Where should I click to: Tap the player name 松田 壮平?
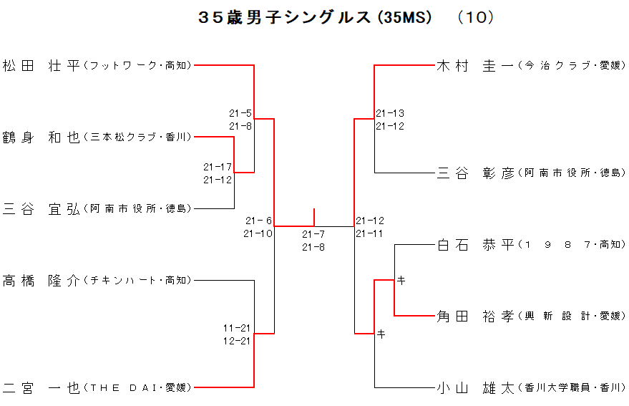pos(42,66)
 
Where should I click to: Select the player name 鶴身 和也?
pos(42,137)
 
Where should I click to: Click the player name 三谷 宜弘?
pos(42,208)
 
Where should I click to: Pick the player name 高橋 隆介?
pos(42,280)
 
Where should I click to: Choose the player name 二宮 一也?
pos(42,387)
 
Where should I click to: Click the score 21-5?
pos(240,113)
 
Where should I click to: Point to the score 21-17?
pos(218,167)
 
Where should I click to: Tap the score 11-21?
pos(237,328)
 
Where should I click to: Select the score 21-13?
pos(390,113)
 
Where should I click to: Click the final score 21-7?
pos(313,234)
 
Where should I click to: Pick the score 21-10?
pos(258,233)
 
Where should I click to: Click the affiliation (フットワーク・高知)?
pos(137,66)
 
